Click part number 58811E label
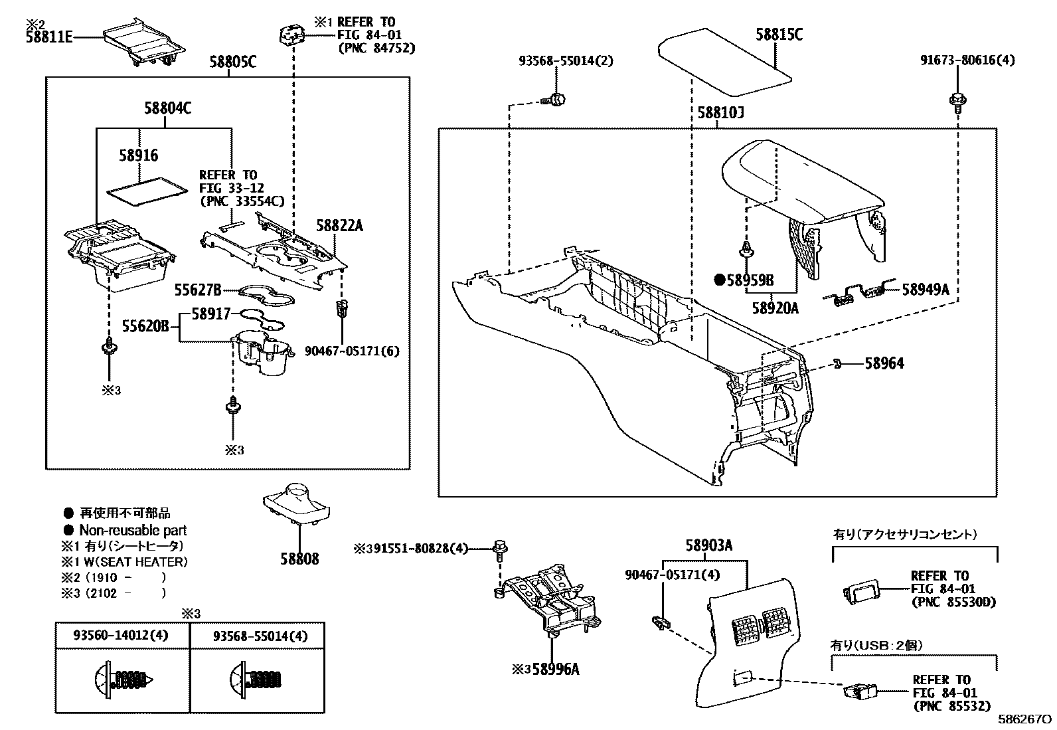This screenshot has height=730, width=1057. pyautogui.click(x=48, y=37)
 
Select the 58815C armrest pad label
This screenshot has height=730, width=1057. pyautogui.click(x=778, y=34)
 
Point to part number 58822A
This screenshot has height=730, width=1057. pyautogui.click(x=339, y=226)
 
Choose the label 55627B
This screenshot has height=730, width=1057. pyautogui.click(x=197, y=290)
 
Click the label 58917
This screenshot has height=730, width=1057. pyautogui.click(x=211, y=313)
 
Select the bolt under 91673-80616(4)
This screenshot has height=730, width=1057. pyautogui.click(x=957, y=100)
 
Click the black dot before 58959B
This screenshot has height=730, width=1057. pyautogui.click(x=718, y=280)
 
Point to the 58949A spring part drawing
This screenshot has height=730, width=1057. pyautogui.click(x=860, y=294)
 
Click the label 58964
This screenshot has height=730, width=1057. pyautogui.click(x=884, y=363)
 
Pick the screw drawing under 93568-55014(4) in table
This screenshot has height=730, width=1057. pyautogui.click(x=258, y=679)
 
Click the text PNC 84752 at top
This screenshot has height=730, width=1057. pyautogui.click(x=376, y=48)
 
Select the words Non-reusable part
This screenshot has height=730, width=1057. pyautogui.click(x=132, y=530)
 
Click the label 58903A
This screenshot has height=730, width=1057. pyautogui.click(x=708, y=546)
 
